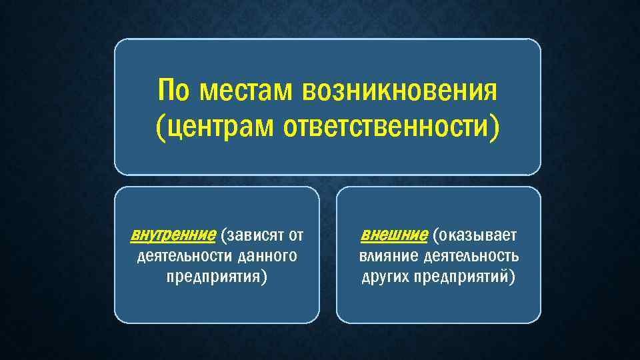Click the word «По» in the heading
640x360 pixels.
(x=175, y=91)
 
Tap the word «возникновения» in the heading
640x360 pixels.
(x=399, y=91)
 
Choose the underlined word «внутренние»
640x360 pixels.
(x=173, y=235)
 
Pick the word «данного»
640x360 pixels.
(x=263, y=256)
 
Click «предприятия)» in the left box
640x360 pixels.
(x=217, y=277)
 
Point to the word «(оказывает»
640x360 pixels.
(x=474, y=235)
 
